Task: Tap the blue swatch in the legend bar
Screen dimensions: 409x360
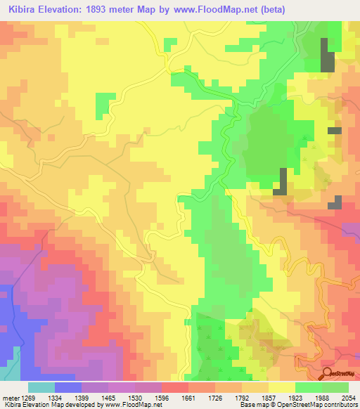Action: [x=67, y=387]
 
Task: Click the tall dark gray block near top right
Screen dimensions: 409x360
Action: [x=327, y=54]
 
